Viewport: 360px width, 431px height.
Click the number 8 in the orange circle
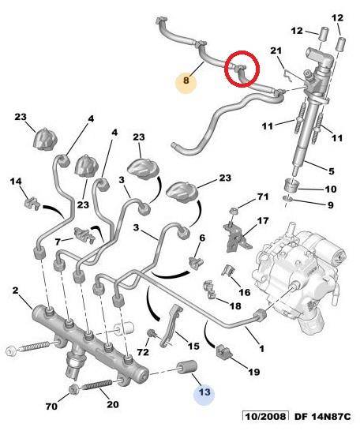[186, 81]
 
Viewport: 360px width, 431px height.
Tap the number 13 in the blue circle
[204, 392]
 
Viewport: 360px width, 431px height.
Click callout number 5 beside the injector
[332, 171]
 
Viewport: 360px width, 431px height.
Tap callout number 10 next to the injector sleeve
[330, 189]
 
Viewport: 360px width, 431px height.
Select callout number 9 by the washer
[331, 205]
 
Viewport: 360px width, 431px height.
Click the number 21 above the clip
[276, 51]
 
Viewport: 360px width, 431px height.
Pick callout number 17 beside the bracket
[263, 221]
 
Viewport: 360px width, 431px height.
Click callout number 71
[263, 197]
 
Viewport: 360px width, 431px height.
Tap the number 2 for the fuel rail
[15, 290]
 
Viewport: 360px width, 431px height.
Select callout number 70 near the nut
[51, 406]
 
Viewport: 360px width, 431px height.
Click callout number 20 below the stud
[113, 404]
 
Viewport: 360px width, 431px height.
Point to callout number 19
[253, 372]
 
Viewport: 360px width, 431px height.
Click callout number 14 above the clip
[16, 182]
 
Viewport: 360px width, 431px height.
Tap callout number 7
[58, 242]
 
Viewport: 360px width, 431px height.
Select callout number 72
[143, 352]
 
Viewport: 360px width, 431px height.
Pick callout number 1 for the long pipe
[261, 349]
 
